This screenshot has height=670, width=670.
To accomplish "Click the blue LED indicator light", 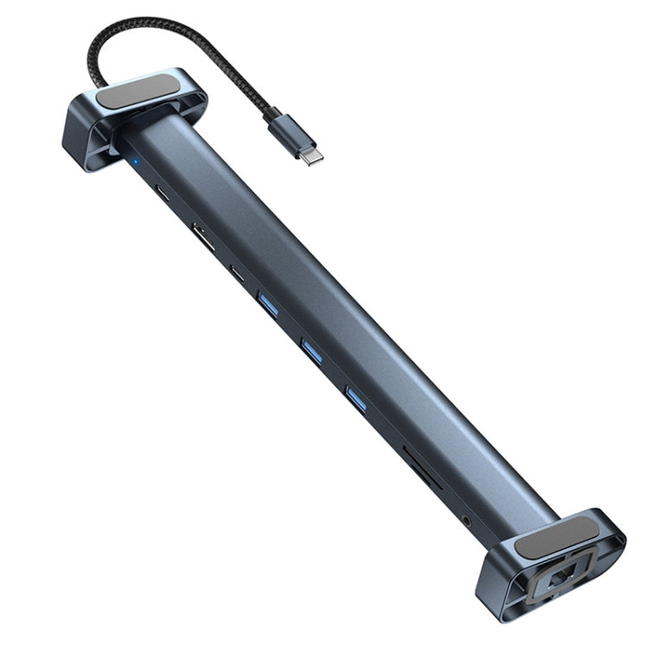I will click(x=134, y=163).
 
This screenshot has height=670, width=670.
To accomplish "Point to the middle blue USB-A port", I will click(x=311, y=349).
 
